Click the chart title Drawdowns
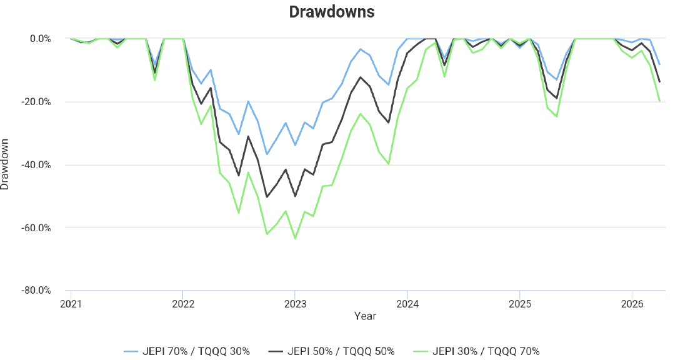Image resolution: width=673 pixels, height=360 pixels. click(331, 12)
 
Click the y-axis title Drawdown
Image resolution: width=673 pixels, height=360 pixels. click(5, 164)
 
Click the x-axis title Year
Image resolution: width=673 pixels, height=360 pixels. click(365, 316)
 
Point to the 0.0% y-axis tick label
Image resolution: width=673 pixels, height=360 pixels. click(41, 39)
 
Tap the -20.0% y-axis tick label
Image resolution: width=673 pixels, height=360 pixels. click(37, 102)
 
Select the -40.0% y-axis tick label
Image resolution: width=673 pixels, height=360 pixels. click(37, 165)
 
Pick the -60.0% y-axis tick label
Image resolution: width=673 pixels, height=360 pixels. click(37, 228)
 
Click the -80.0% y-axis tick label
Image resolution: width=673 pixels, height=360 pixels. click(37, 291)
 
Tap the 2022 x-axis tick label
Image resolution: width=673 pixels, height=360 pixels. click(183, 304)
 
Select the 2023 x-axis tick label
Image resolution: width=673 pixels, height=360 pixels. click(296, 304)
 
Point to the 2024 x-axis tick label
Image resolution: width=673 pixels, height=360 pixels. click(407, 304)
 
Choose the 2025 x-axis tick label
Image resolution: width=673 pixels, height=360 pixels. click(520, 304)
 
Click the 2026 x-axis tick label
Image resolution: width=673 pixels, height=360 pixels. click(632, 304)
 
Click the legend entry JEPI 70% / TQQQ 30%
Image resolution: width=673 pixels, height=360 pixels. click(187, 351)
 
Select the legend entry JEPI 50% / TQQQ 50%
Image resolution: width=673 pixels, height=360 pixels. click(331, 351)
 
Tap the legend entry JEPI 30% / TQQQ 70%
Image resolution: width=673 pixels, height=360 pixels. click(476, 351)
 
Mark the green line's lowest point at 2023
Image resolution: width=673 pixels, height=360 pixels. click(295, 239)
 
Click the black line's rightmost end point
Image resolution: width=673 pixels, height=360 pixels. click(660, 81)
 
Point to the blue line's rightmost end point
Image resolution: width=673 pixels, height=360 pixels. click(660, 64)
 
